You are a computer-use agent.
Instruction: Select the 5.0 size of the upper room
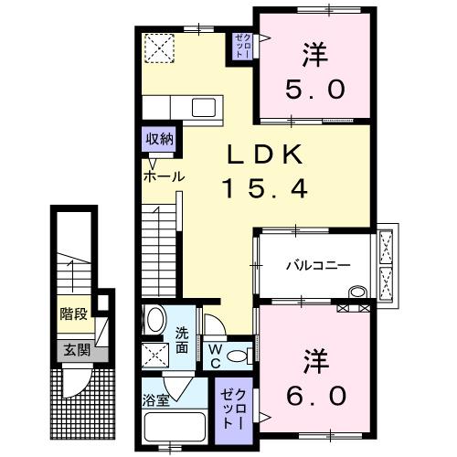[314, 90]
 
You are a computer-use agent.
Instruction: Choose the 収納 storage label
[158, 139]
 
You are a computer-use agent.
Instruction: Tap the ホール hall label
[163, 176]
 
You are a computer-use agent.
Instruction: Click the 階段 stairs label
[74, 314]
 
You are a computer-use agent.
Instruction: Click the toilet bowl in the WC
[239, 356]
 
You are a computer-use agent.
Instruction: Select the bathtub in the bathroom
[175, 430]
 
